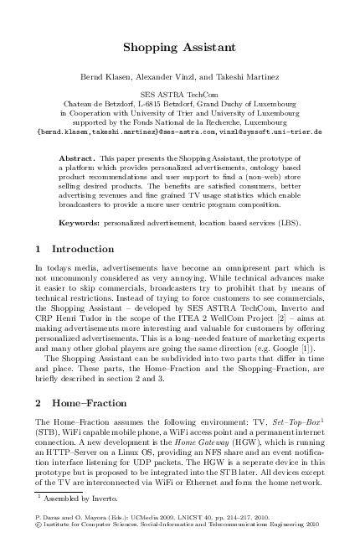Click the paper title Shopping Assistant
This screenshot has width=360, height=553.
point(179,48)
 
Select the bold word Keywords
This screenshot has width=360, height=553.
point(80,224)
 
